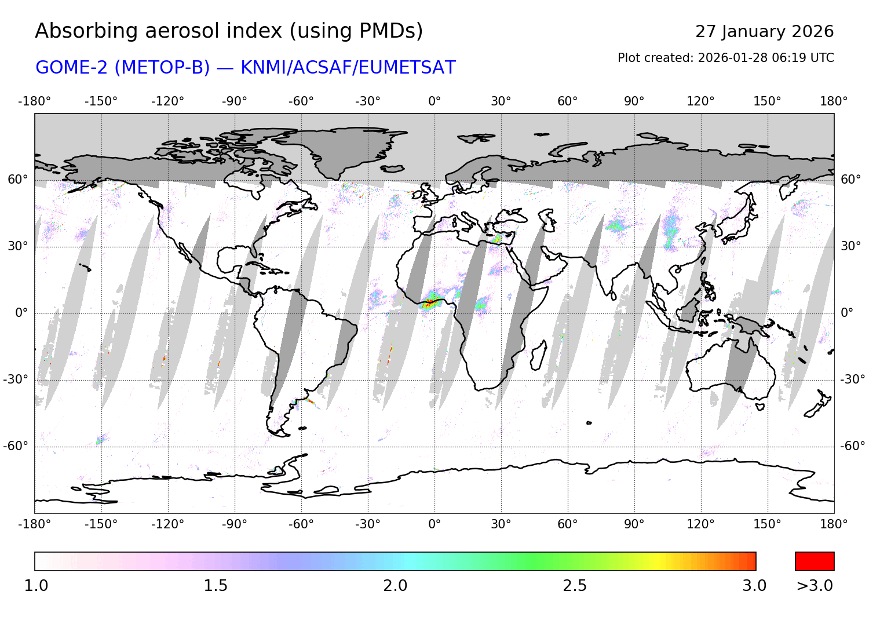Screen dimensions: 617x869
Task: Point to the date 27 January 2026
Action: tap(764, 32)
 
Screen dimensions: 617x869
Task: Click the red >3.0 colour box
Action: tap(815, 561)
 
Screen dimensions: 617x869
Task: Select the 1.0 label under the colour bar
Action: tap(36, 586)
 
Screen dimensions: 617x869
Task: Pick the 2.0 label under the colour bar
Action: tap(395, 586)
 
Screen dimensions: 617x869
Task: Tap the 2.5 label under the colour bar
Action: tap(575, 586)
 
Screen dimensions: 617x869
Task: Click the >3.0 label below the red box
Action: tap(815, 586)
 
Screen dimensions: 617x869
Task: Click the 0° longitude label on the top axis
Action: tap(434, 101)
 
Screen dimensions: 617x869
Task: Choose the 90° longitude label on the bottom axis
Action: tap(634, 524)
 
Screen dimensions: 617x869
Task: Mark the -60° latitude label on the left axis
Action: tap(16, 446)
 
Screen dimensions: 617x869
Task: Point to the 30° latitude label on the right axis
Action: tap(850, 246)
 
